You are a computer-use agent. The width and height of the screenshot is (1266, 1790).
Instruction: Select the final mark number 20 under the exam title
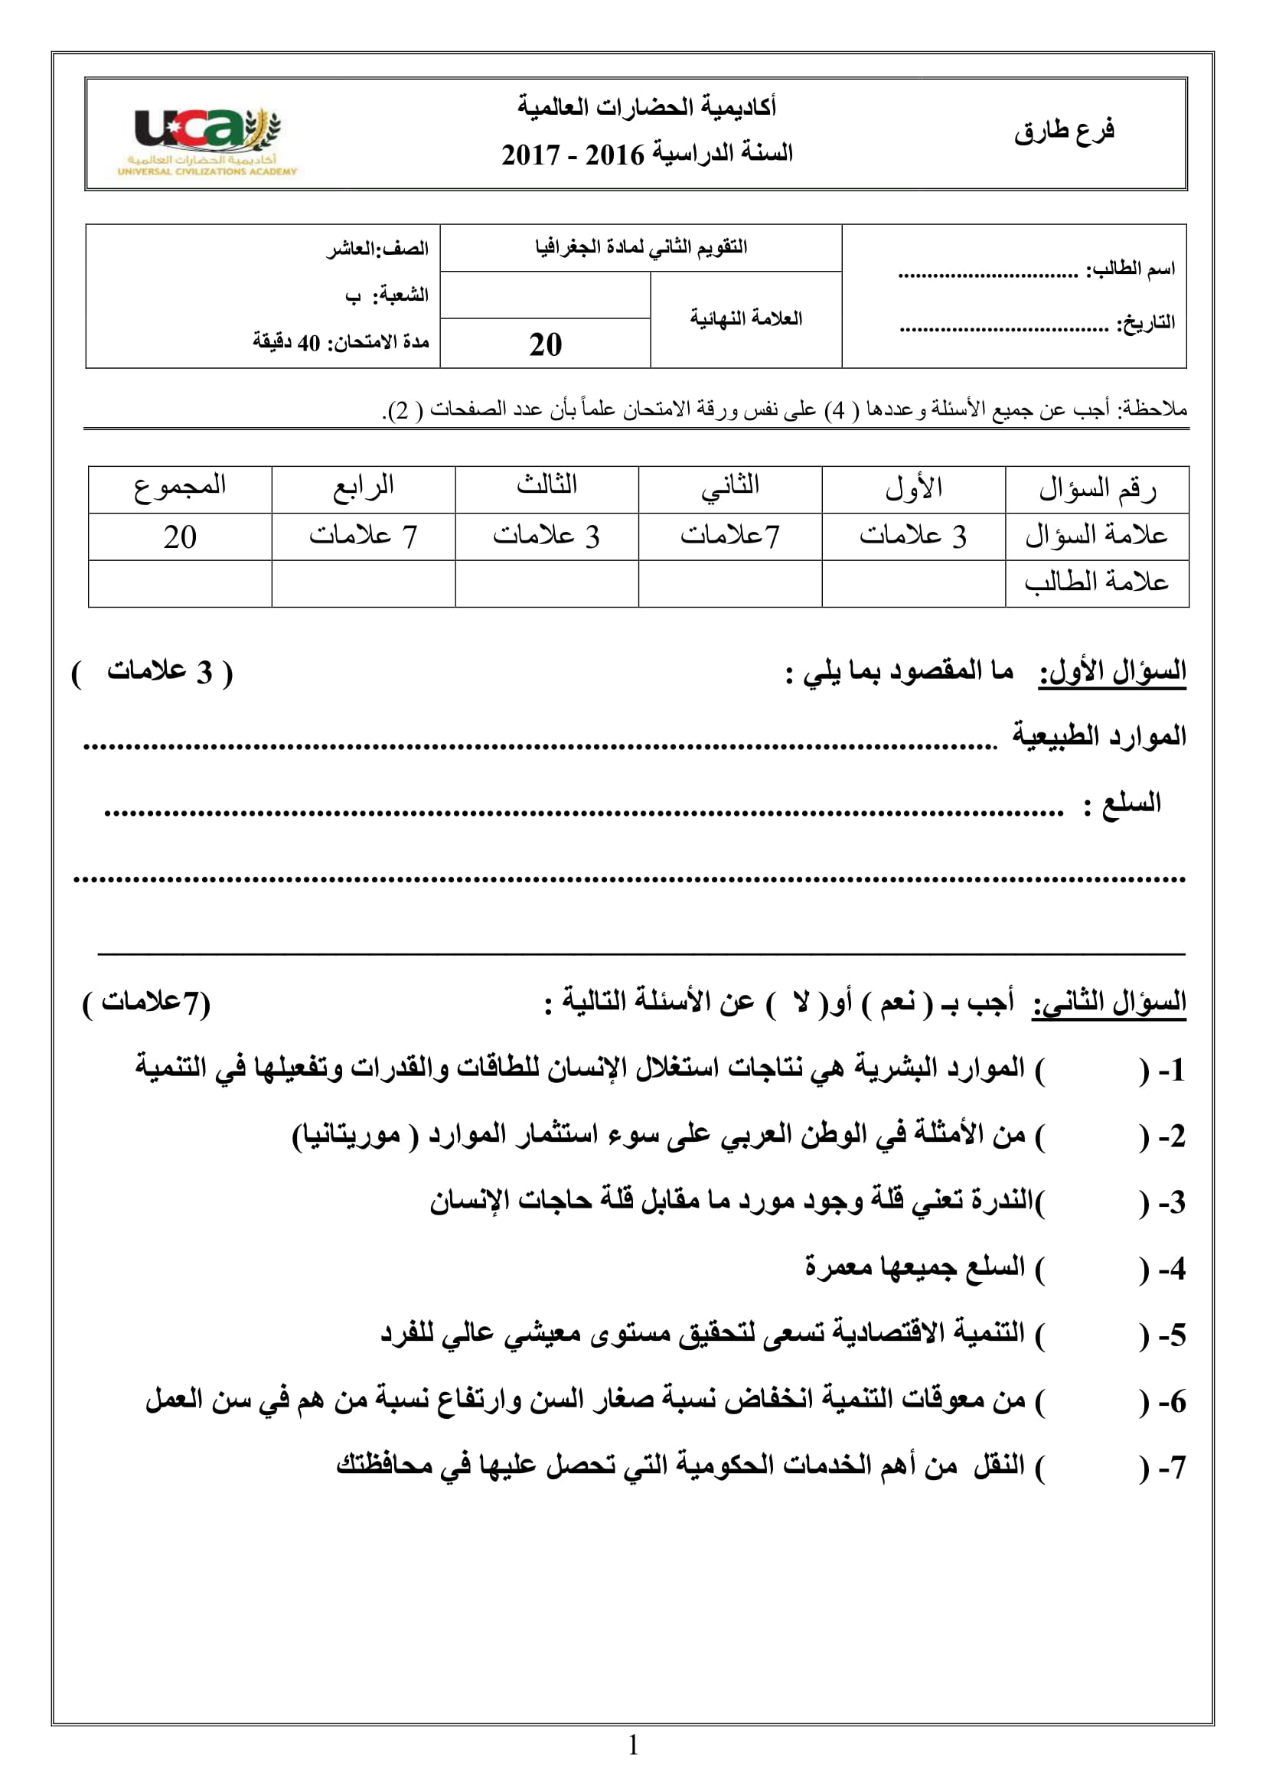[545, 344]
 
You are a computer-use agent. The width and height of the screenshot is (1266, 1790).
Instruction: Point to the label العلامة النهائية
[746, 318]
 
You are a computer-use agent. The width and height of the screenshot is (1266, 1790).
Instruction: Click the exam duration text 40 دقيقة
[286, 342]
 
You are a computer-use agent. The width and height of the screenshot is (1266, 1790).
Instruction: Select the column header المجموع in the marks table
[180, 487]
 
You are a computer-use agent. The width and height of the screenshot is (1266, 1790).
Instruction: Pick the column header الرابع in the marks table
[364, 487]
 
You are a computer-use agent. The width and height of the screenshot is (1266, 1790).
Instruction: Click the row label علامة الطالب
[1096, 582]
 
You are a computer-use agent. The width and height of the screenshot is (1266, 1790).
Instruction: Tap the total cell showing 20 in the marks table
[180, 537]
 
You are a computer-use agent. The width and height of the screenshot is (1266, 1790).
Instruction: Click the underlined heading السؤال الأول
[1111, 671]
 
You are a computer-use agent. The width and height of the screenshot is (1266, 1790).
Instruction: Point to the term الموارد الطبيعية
[1098, 735]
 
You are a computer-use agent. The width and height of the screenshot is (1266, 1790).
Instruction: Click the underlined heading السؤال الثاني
[1108, 1002]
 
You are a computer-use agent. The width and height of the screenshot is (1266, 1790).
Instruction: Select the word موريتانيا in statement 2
[347, 1135]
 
